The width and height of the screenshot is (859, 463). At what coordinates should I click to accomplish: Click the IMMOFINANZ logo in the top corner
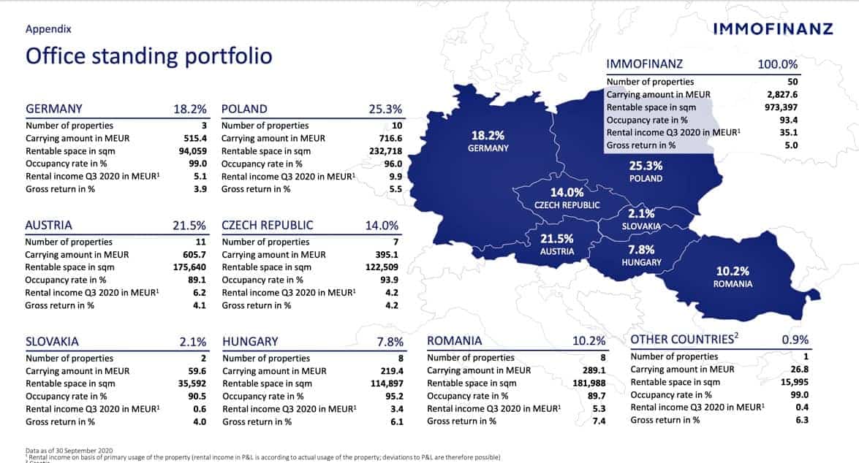772,28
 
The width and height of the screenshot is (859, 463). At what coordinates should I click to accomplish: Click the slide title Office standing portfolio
148,56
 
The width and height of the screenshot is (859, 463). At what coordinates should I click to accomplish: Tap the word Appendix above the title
48,30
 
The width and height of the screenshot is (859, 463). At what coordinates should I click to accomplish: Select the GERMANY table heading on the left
54,109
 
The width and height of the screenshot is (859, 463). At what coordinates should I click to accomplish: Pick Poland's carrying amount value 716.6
388,138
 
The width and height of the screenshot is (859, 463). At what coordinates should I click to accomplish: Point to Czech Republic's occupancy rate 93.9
391,280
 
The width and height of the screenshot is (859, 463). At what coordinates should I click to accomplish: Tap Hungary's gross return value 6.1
396,421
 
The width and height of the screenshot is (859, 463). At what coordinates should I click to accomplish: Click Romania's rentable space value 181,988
589,383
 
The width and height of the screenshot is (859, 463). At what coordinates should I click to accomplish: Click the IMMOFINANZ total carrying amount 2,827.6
779,95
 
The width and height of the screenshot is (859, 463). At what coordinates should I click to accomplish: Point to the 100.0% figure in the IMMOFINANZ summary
777,65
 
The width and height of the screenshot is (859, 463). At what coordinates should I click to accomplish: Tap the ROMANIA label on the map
733,284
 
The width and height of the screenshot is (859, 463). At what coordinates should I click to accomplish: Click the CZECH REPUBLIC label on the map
567,205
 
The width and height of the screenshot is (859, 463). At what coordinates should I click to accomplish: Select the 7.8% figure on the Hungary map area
641,249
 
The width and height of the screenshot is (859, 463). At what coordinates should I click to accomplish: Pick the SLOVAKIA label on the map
640,226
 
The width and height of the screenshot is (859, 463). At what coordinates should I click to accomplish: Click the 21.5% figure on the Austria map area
556,239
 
